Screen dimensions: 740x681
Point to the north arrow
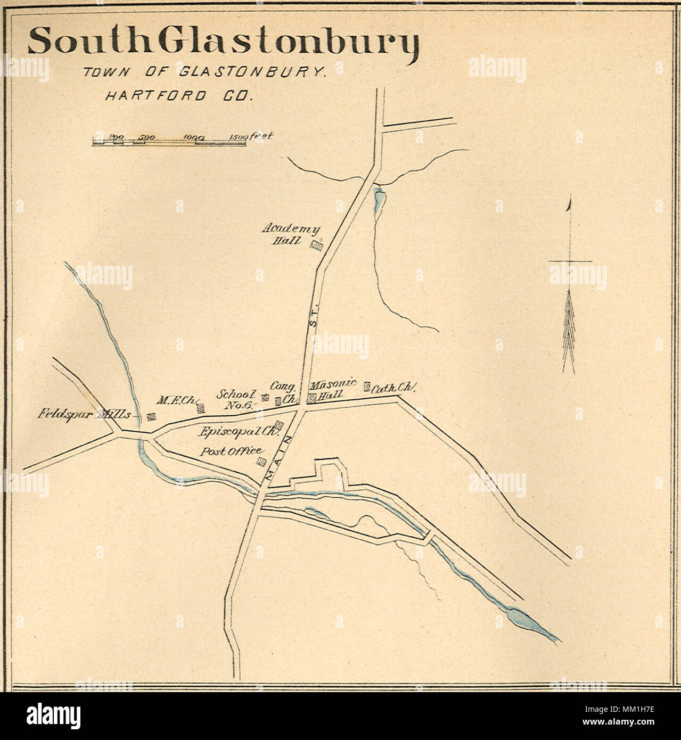tap(570, 287)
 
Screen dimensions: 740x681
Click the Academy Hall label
tap(291, 234)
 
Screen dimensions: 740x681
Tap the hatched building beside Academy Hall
tap(317, 244)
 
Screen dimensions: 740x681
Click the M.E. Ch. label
tap(176, 400)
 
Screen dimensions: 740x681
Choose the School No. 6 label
tap(236, 399)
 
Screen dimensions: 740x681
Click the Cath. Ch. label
tap(393, 389)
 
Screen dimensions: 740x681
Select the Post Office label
tap(231, 451)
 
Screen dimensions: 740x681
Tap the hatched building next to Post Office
tap(261, 461)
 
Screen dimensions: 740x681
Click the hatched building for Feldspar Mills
tap(151, 417)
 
